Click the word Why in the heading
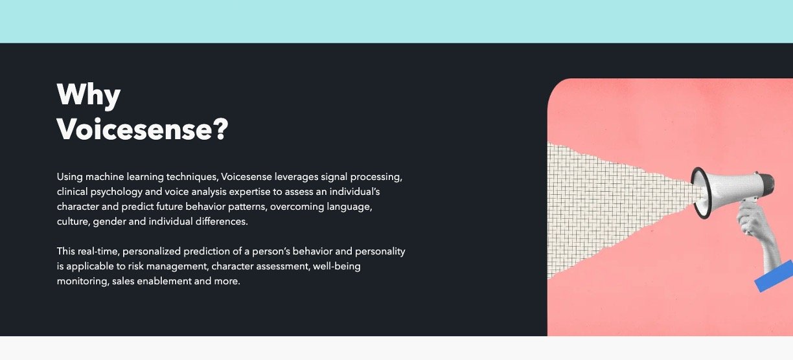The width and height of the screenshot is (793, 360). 89,95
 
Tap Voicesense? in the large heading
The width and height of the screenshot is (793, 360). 143,129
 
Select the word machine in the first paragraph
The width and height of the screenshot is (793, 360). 105,177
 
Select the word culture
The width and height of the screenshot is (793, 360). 73,221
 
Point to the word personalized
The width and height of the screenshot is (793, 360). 152,251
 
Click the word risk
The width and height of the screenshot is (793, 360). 135,266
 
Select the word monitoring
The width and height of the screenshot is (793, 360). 83,282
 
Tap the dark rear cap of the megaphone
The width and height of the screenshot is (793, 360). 766,184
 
